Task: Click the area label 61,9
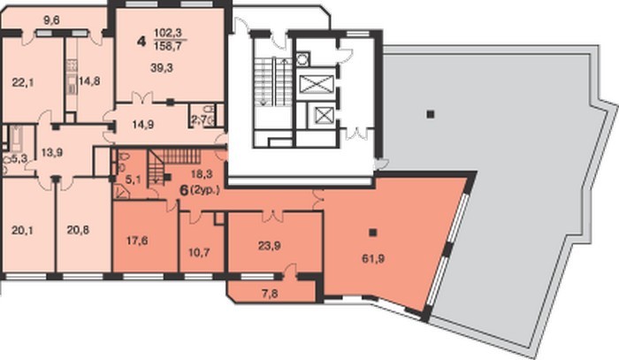(x=373, y=259)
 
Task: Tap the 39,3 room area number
(x=162, y=68)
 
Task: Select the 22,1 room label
(x=23, y=82)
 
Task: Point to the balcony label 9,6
(x=51, y=19)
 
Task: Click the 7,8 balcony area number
(x=270, y=294)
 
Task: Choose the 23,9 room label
(x=270, y=246)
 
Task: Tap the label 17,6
(x=137, y=241)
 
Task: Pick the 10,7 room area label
(x=199, y=252)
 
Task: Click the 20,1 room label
(x=22, y=230)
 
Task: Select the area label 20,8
(x=78, y=230)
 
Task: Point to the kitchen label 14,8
(x=88, y=81)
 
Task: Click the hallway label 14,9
(x=143, y=125)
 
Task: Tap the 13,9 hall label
(x=52, y=152)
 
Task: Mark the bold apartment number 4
(x=141, y=41)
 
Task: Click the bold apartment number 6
(x=184, y=190)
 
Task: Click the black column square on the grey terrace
(x=431, y=114)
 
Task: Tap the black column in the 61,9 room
(x=372, y=233)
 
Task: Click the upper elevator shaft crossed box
(x=317, y=84)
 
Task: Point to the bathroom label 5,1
(x=133, y=180)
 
